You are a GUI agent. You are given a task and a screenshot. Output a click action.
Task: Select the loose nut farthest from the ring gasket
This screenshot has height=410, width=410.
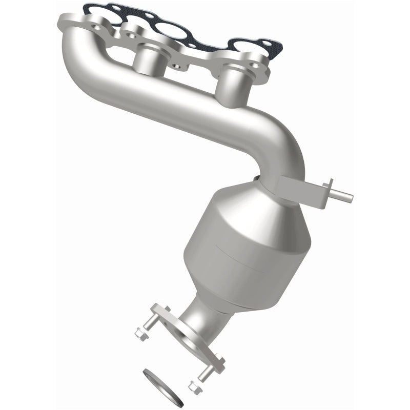139,334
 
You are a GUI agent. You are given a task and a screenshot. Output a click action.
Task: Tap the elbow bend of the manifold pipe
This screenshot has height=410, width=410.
284,143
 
